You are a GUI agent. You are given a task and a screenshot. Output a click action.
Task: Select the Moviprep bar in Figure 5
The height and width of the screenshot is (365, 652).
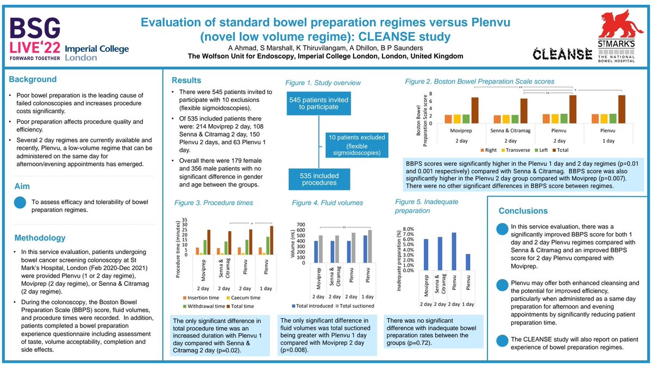click(x=427, y=254)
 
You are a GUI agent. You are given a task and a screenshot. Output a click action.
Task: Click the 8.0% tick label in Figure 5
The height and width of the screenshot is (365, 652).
click(x=407, y=229)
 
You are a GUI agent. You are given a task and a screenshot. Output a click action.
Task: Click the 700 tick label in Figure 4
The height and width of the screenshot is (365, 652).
click(x=300, y=223)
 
